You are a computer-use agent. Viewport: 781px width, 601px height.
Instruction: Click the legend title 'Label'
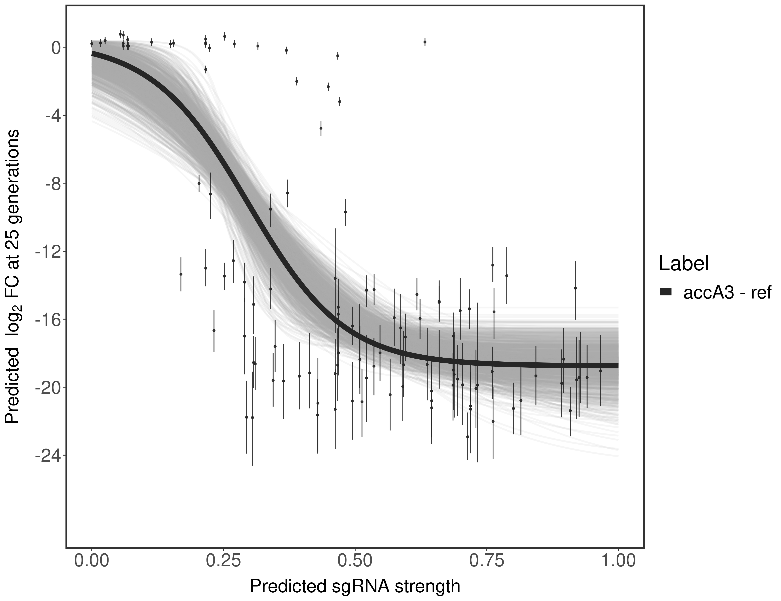pyautogui.click(x=684, y=264)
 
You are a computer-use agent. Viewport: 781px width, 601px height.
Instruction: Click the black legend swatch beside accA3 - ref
pyautogui.click(x=666, y=292)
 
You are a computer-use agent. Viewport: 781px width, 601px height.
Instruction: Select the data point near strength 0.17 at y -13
pyautogui.click(x=181, y=274)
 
